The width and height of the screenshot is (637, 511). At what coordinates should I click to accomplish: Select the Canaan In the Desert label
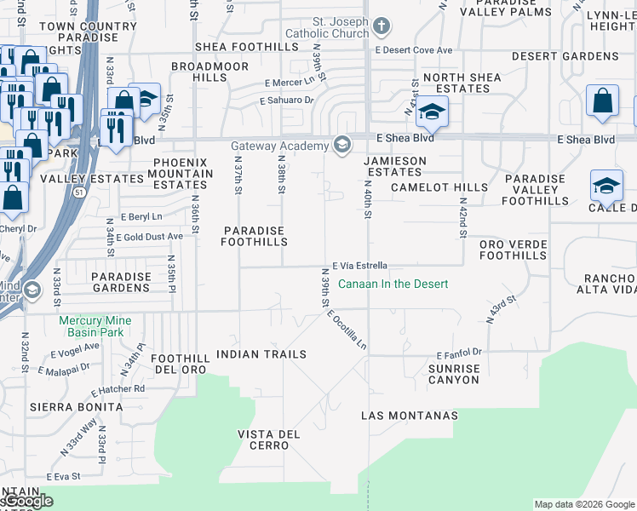pyautogui.click(x=393, y=284)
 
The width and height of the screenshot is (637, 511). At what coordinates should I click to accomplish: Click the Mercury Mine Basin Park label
pyautogui.click(x=100, y=326)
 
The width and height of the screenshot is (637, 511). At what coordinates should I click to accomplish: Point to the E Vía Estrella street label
pyautogui.click(x=360, y=265)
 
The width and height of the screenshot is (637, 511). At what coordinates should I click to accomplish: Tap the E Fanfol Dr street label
pyautogui.click(x=459, y=353)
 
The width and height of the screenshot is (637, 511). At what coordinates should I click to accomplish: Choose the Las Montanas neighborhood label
pyautogui.click(x=410, y=416)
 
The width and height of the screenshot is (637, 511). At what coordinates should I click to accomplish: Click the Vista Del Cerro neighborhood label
pyautogui.click(x=268, y=439)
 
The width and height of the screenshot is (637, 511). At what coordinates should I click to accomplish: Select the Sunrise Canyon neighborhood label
pyautogui.click(x=454, y=374)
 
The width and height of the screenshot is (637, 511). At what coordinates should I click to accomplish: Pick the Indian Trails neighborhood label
pyautogui.click(x=261, y=353)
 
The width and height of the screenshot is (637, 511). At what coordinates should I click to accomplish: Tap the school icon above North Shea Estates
pyautogui.click(x=432, y=112)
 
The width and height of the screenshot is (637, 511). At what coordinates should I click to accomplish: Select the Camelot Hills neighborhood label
pyautogui.click(x=439, y=187)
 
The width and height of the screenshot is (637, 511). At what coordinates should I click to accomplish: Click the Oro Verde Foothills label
pyautogui.click(x=512, y=250)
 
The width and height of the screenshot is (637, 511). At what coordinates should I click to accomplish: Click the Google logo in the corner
pyautogui.click(x=27, y=502)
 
